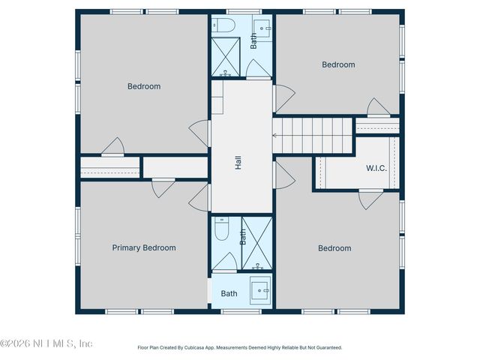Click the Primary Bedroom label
pos(144,247)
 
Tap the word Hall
pos(238,162)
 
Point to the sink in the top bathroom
pos(264,28)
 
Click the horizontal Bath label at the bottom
pos(229,293)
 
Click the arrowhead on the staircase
pos(274,136)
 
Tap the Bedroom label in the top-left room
pos(144,86)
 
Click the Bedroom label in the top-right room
pos(338,64)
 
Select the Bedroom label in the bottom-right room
pos(334,248)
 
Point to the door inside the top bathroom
pos(259,69)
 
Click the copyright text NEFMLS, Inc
pos(46,343)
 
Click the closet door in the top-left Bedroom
pos(112,146)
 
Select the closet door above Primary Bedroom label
pos(163,188)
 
